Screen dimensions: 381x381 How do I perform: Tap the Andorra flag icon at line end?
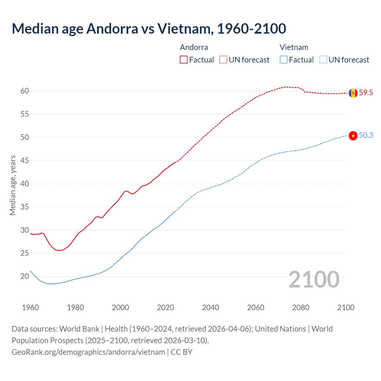coord(353,93)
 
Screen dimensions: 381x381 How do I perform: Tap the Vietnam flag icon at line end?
coord(353,136)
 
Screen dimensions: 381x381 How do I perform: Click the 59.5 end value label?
coord(366,93)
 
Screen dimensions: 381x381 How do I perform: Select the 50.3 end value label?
coord(366,135)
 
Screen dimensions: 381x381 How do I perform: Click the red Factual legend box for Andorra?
coord(184,60)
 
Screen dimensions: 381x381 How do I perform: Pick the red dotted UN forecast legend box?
coord(223,60)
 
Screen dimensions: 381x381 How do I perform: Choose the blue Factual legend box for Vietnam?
coord(284,60)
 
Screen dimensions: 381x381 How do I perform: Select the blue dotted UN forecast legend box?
coord(323,60)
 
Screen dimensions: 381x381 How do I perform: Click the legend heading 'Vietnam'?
coord(294,47)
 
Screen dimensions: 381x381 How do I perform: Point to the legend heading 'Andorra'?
coord(194,47)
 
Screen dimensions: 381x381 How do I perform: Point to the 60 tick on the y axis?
coord(25,91)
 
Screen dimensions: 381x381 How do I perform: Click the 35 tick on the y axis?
coord(25,207)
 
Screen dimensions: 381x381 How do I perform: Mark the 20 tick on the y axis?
coord(25,277)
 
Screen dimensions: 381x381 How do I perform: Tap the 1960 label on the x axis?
coord(30,307)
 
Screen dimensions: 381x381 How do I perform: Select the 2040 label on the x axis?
coord(210,307)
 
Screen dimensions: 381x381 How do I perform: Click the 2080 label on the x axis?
coord(301,307)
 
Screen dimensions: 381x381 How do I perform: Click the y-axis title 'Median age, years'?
coord(13,185)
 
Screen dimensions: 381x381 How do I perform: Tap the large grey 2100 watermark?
coord(314,279)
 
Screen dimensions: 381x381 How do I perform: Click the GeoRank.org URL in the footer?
coord(88,352)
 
